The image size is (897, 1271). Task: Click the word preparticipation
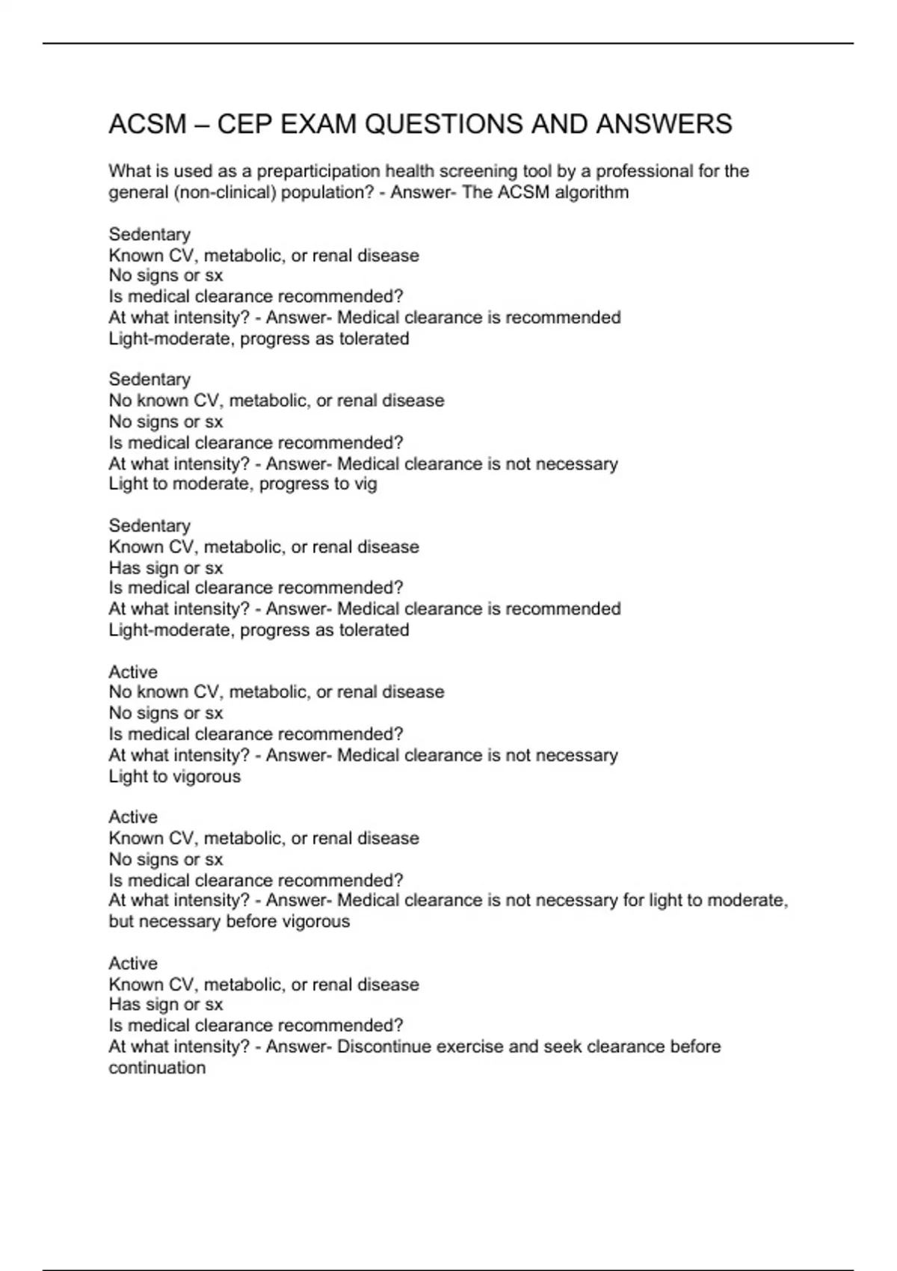coord(318,172)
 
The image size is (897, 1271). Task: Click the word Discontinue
coord(383,1047)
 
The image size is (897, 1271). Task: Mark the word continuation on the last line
coord(157,1068)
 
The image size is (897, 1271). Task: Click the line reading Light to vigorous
coord(175,777)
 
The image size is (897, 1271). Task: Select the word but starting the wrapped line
coord(121,922)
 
